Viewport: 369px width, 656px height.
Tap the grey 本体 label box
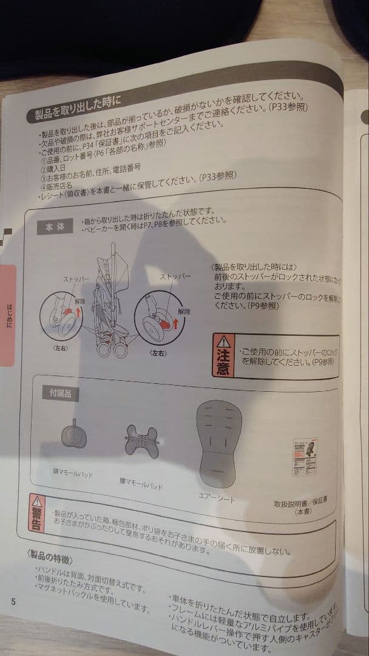point(55,227)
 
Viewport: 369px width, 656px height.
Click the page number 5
point(13,602)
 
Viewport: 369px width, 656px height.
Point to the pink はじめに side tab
point(8,316)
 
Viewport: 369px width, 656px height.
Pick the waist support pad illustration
point(141,439)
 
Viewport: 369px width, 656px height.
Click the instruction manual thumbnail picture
point(303,456)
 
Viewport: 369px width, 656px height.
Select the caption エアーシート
point(217,499)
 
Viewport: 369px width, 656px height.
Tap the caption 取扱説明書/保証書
point(302,504)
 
